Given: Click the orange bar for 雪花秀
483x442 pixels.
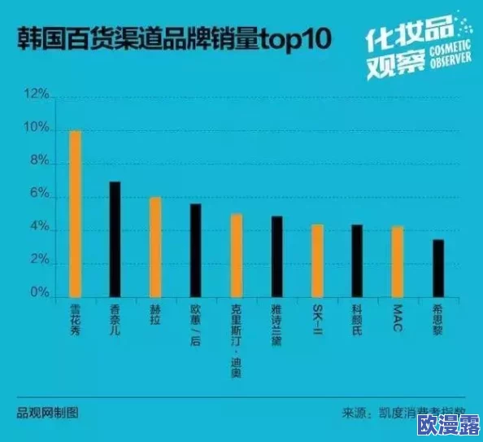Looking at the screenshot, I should coord(75,214).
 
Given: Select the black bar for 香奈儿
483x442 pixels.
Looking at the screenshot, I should coord(115,240).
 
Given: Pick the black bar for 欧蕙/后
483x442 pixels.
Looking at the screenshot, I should coord(195,251).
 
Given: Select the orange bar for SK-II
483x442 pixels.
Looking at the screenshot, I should coord(317,261).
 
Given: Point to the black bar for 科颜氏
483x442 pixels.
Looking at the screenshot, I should coord(357,261).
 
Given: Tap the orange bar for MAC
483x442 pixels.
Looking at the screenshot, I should coord(397,262).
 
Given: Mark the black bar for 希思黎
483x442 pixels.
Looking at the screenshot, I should coord(438,269).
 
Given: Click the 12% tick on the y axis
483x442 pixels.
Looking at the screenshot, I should coord(37,95).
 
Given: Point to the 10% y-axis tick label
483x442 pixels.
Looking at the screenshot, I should coord(37,129).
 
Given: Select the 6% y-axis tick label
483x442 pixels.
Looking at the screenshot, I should coord(40,197).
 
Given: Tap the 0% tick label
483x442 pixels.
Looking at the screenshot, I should coord(40,291).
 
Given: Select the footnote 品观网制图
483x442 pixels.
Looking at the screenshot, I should coord(48,412).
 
